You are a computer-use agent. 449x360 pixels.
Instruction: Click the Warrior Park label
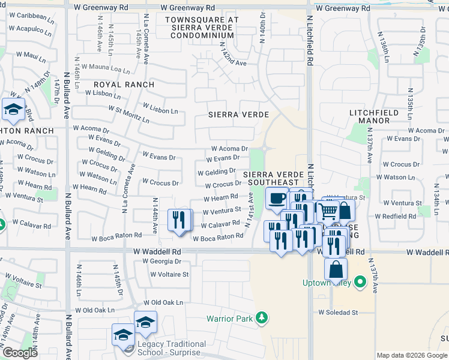pyautogui.click(x=230, y=319)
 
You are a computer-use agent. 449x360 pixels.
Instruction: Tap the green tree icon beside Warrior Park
pyautogui.click(x=262, y=317)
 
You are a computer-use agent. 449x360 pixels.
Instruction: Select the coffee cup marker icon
pyautogui.click(x=276, y=198)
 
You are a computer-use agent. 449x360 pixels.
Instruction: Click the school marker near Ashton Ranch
pyautogui.click(x=13, y=110)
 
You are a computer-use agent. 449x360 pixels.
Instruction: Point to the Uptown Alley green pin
pyautogui.click(x=360, y=281)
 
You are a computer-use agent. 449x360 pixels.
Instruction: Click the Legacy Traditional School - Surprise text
pyautogui.click(x=171, y=348)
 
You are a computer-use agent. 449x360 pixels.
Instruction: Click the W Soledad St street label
pyautogui.click(x=338, y=313)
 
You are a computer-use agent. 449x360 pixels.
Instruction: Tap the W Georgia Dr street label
pyautogui.click(x=161, y=262)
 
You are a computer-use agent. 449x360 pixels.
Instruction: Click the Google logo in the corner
pyautogui.click(x=19, y=353)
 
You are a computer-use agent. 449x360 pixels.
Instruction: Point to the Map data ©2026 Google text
pyautogui.click(x=411, y=355)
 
